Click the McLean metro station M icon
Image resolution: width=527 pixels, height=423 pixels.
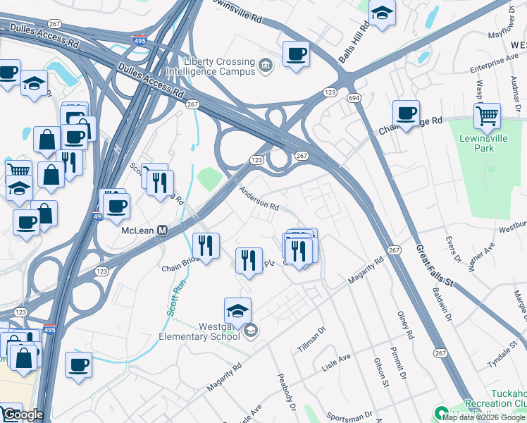point(163,231)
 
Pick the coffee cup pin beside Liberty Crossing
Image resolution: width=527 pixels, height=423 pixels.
point(296,54)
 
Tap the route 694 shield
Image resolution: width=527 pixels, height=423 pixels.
point(353,97)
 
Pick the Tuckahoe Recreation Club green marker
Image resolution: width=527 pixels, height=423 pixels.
point(442,413)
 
